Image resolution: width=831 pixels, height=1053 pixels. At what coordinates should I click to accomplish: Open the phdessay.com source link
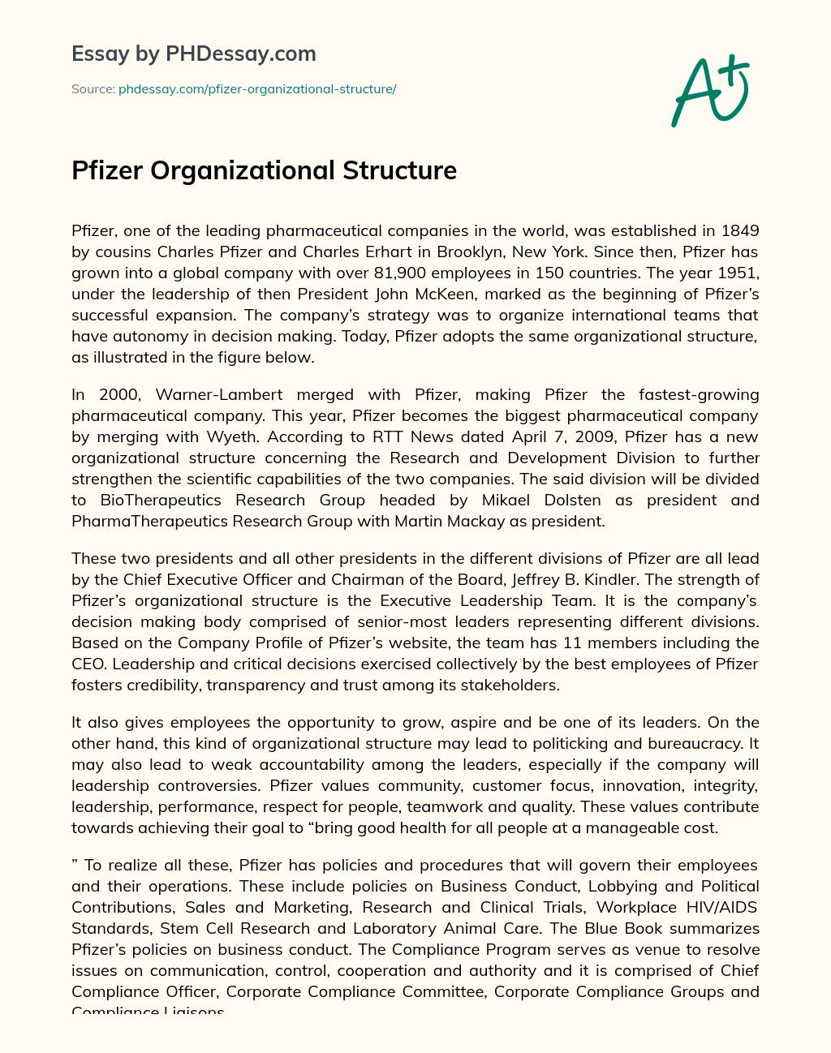(x=257, y=89)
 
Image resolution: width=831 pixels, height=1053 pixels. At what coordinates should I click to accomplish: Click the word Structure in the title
(x=399, y=170)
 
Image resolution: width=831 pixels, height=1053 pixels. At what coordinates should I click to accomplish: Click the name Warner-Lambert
(x=219, y=394)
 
